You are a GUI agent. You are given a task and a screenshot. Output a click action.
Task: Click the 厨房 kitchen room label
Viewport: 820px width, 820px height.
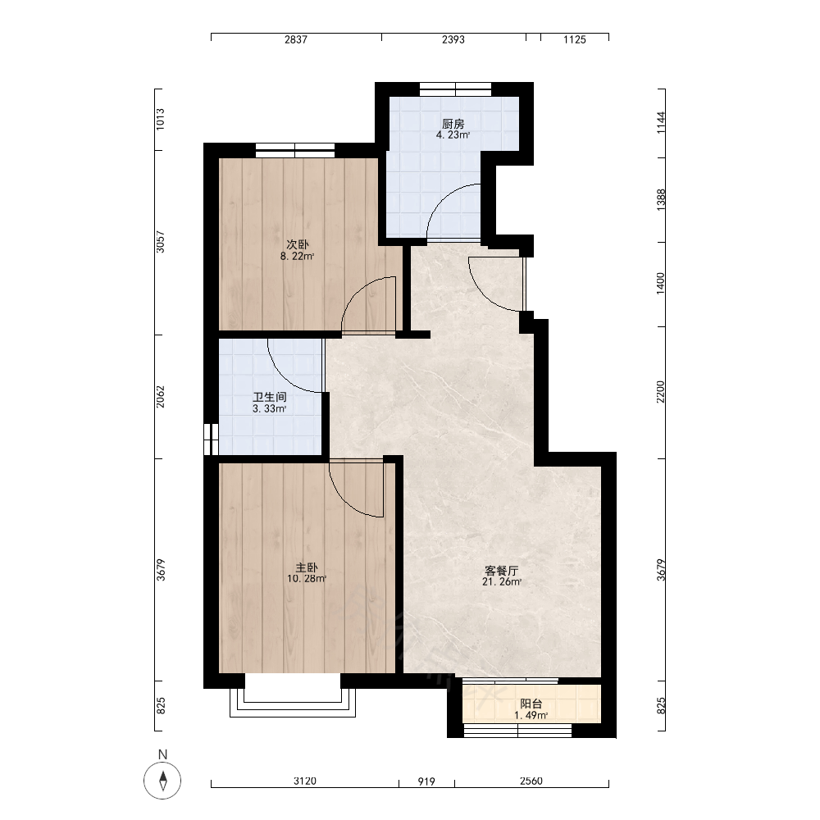[453, 124]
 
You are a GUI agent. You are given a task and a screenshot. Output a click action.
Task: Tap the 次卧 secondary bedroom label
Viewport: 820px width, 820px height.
[297, 244]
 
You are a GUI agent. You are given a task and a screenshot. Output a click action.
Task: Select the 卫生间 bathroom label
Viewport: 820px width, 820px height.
[269, 398]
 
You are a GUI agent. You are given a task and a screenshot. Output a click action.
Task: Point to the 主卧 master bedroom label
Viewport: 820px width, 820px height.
[307, 567]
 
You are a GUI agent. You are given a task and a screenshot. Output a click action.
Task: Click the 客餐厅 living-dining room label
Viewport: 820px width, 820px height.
[502, 570]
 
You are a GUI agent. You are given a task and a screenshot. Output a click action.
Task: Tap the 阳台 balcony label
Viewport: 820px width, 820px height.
[531, 704]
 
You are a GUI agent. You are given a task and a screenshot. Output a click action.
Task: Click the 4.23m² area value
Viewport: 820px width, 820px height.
[453, 135]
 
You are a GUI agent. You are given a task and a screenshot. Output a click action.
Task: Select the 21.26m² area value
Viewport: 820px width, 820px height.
[502, 581]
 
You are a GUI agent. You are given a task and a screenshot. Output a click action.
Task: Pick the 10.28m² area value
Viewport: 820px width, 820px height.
[307, 578]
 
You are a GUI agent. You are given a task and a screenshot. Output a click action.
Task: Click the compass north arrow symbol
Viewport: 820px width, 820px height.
[162, 781]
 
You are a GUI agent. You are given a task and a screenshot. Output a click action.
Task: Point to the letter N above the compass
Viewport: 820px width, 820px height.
[162, 754]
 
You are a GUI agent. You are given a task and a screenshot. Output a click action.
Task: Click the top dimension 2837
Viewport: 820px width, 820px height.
[296, 39]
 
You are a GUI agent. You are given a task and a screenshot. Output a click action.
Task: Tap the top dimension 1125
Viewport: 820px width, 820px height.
[575, 39]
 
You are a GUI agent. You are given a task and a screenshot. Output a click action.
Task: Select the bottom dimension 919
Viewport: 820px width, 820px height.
[426, 781]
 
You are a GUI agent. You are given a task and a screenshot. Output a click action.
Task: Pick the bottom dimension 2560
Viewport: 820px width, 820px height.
[531, 781]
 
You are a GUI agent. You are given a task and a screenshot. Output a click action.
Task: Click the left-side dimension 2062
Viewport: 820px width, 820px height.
[161, 397]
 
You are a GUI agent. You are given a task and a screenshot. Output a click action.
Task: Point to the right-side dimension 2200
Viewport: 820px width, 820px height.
[661, 392]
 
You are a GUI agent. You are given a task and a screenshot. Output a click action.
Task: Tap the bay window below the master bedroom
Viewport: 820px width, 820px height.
[293, 703]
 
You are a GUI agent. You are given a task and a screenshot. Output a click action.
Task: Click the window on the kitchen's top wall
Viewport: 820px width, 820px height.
[455, 89]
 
